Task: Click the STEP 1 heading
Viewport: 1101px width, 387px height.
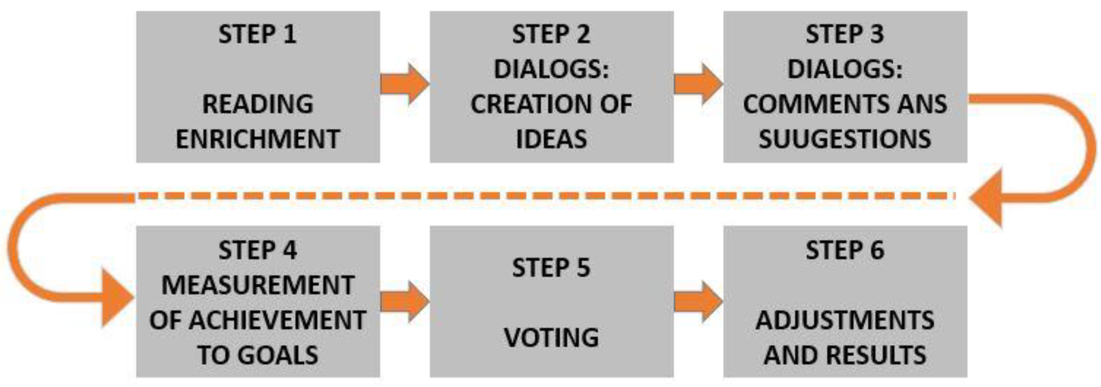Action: tap(257, 34)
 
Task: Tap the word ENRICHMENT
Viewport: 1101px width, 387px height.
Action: tap(258, 139)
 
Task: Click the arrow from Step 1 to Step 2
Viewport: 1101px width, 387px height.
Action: tap(404, 83)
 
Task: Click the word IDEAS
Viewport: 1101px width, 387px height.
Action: tap(552, 139)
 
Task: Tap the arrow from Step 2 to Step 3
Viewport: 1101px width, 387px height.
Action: tap(698, 83)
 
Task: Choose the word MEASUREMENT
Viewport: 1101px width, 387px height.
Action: tap(258, 285)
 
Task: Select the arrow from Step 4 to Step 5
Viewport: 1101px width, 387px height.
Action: tap(404, 301)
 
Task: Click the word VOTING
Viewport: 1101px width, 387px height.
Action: tap(552, 337)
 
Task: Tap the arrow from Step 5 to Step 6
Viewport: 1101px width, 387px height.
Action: tap(698, 301)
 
